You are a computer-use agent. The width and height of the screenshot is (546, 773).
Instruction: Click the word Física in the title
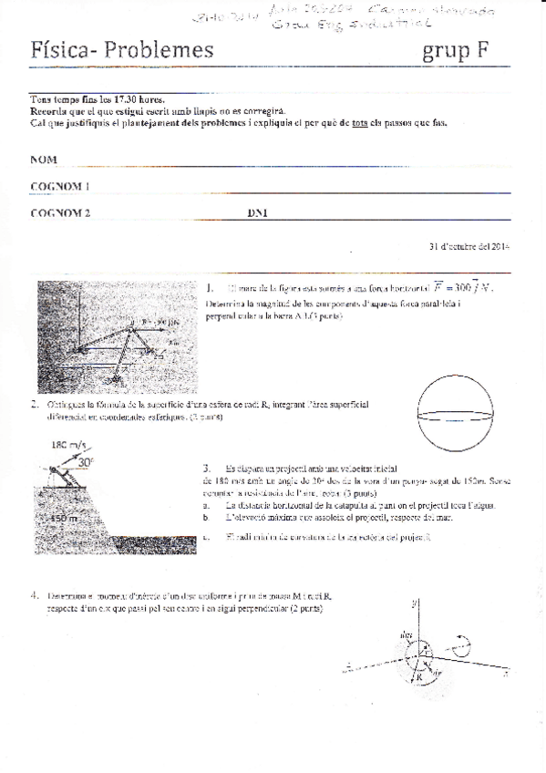pyautogui.click(x=59, y=50)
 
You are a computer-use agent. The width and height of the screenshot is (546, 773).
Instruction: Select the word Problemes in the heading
pyautogui.click(x=159, y=50)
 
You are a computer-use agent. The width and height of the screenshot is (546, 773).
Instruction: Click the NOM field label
pyautogui.click(x=44, y=159)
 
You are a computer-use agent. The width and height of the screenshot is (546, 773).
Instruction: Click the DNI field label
pyautogui.click(x=256, y=213)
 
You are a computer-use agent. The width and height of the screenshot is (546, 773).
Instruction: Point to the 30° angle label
pyautogui.click(x=86, y=462)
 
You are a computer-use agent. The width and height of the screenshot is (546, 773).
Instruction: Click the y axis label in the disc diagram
pyautogui.click(x=414, y=603)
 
